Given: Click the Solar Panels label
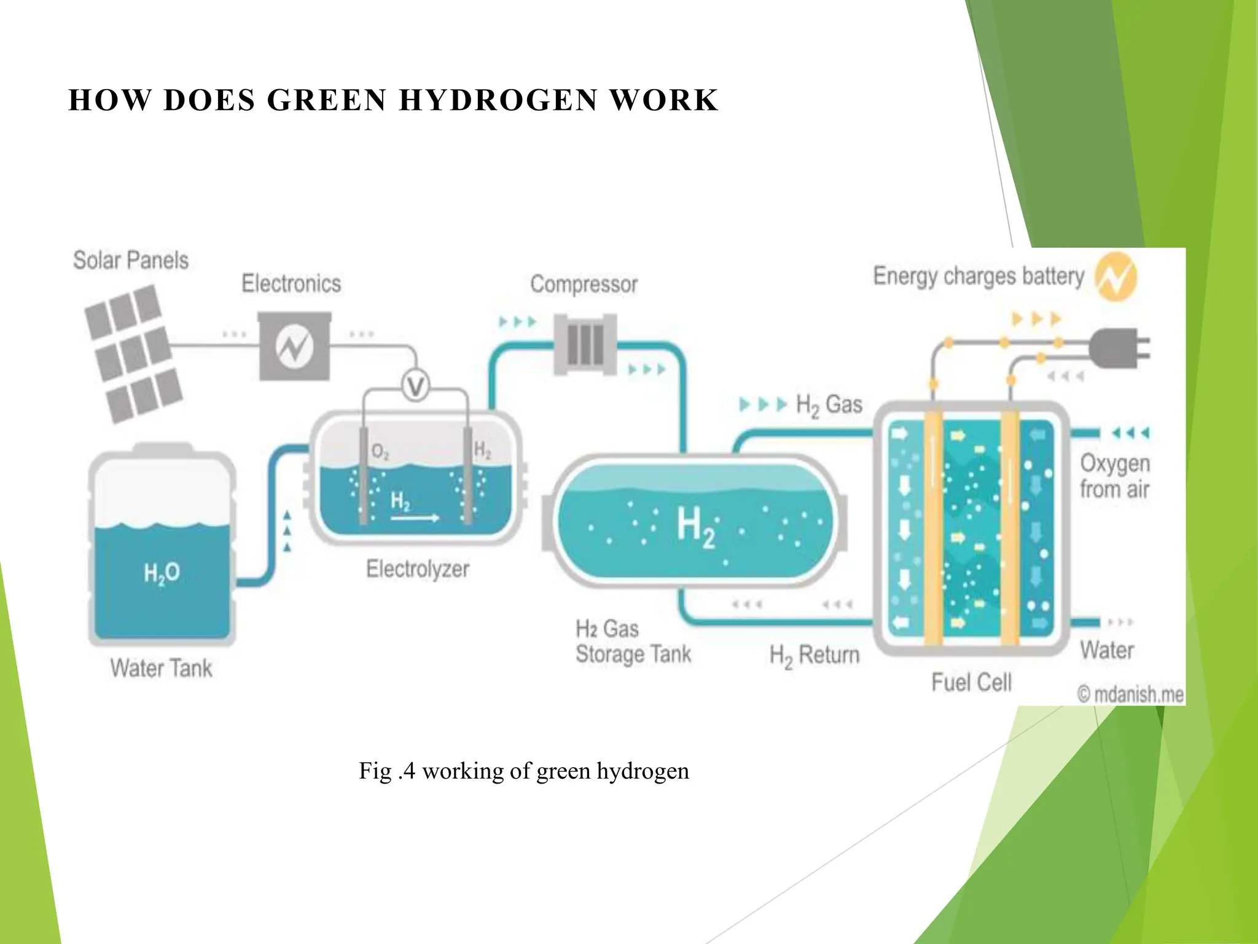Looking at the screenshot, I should coord(131,261).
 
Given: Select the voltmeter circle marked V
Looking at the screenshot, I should coord(416,387).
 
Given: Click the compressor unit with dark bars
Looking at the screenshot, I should coord(585,344).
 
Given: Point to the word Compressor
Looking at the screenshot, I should coord(584,285).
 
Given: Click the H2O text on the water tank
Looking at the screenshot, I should coord(162,573).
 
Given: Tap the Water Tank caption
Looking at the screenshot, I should coord(161,668).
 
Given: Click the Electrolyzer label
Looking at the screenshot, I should coord(418,569).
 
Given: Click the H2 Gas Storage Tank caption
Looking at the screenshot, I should coord(633,642).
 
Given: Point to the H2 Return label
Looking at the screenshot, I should coord(815,655).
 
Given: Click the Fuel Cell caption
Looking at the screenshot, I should coord(971,682).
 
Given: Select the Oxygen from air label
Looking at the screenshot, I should coord(1114,476).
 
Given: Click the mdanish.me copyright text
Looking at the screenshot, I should coord(1131,694).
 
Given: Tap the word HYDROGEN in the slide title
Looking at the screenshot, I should coord(498,100).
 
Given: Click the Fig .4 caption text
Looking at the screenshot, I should coord(523,771).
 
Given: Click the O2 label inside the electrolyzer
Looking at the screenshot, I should coord(380,453).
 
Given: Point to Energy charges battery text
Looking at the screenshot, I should coord(979,277).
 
